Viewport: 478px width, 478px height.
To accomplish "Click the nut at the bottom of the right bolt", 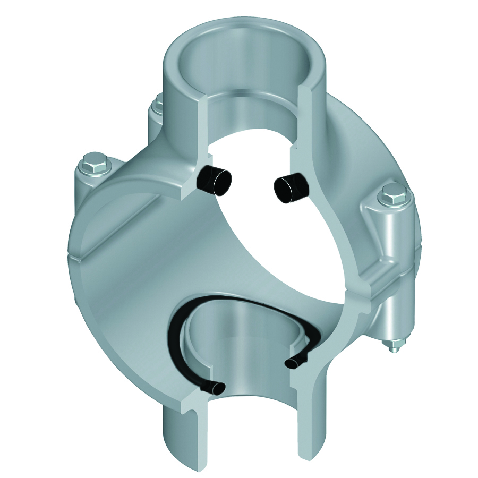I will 394,346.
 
